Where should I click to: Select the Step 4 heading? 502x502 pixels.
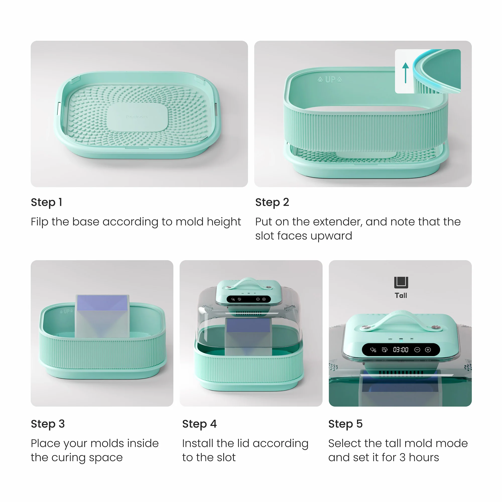click(199, 424)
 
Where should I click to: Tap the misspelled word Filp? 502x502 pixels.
click(39, 222)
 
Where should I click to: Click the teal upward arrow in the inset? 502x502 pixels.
click(405, 73)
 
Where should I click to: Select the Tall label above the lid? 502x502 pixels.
click(401, 295)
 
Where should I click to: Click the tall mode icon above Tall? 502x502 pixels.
click(401, 282)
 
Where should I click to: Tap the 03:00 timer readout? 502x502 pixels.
click(400, 350)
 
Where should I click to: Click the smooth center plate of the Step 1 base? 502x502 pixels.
click(138, 117)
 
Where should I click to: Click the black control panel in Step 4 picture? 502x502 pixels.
click(249, 299)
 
